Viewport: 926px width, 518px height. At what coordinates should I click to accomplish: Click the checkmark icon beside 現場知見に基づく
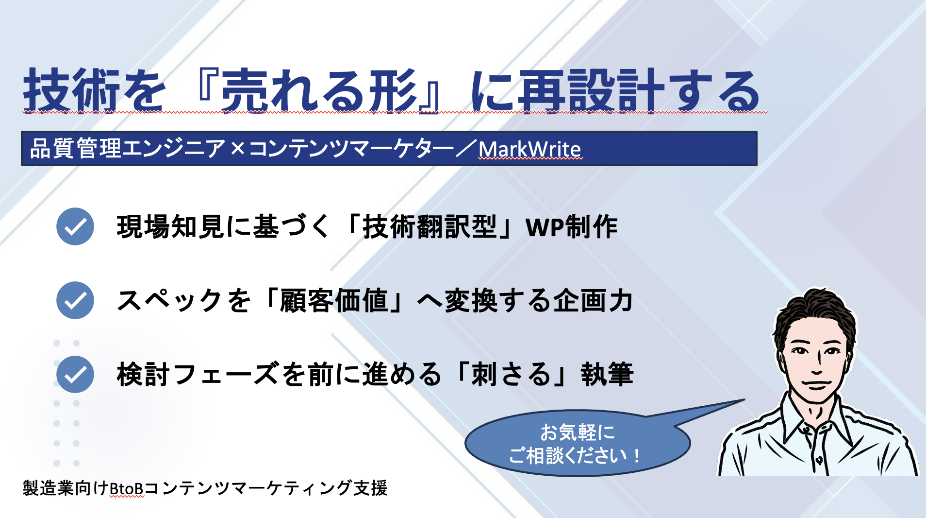[x=75, y=226]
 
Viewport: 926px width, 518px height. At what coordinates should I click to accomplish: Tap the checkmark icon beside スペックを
[x=75, y=300]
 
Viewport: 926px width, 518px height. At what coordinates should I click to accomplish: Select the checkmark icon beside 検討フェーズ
[x=75, y=374]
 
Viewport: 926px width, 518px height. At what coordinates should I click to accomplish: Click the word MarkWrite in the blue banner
[x=529, y=149]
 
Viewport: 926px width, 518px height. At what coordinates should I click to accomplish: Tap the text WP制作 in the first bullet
[x=571, y=227]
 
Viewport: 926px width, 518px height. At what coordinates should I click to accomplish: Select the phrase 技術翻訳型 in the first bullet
[x=430, y=227]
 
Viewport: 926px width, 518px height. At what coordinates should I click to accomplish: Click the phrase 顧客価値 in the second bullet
[x=334, y=301]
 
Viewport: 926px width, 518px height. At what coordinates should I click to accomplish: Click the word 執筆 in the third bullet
[x=607, y=375]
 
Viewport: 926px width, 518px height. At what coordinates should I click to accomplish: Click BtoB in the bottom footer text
[x=126, y=488]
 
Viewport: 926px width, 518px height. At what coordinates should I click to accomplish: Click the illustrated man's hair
[x=815, y=311]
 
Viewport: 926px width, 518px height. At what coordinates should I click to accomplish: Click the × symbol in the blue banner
[x=237, y=149]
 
